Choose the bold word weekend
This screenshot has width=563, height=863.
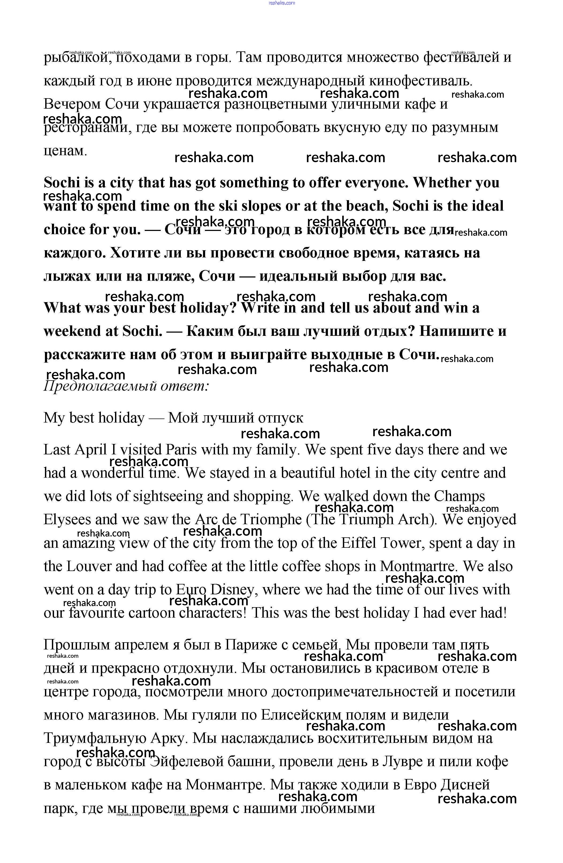80,331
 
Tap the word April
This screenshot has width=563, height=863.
91,450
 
